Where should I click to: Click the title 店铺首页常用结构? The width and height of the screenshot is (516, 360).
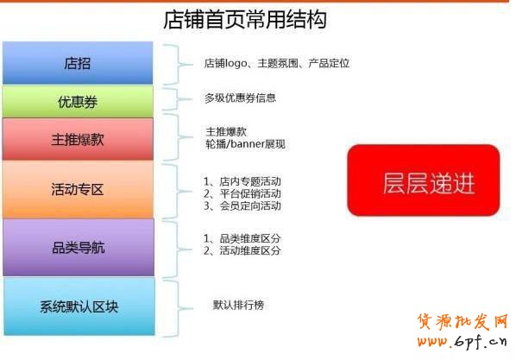244,19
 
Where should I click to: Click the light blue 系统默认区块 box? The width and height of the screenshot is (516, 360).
79,306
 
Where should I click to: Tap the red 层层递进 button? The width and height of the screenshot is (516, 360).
424,180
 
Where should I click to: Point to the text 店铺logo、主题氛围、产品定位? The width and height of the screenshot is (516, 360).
276,64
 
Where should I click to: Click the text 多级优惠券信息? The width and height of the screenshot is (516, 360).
246,98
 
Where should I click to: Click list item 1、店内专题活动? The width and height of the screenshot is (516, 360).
242,181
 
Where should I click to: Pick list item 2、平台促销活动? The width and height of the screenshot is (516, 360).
242,193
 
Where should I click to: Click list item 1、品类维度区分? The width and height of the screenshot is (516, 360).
242,238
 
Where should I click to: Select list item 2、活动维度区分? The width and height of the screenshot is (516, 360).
242,250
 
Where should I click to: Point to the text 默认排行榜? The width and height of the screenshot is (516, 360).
239,305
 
